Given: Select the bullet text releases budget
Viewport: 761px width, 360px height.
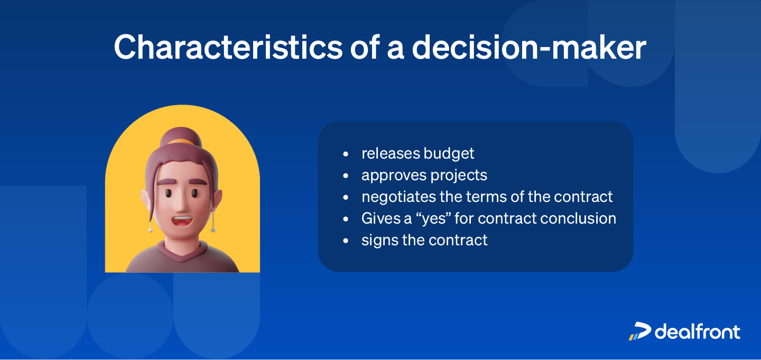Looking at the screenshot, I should point(417,153).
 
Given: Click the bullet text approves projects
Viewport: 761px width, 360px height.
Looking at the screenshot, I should point(424,175).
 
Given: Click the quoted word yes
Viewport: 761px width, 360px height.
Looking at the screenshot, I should point(434,218).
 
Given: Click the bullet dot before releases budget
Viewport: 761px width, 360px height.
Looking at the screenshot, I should point(346,154).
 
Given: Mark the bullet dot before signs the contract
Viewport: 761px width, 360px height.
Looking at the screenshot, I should point(346,241).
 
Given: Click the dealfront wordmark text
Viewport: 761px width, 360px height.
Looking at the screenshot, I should point(698,331).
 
